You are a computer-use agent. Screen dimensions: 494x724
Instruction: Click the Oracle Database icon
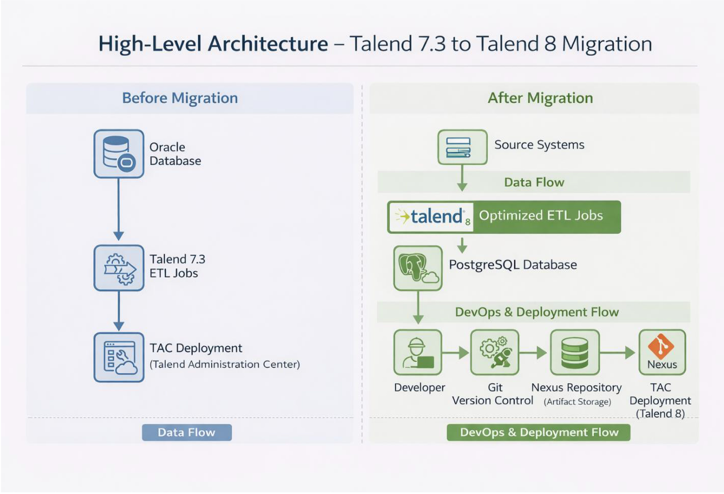pos(119,154)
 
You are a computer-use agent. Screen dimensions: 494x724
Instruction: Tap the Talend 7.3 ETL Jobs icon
pos(119,268)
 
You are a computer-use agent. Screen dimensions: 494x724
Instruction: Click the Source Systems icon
pos(462,147)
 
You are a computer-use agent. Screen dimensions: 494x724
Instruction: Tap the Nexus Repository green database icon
pos(575,352)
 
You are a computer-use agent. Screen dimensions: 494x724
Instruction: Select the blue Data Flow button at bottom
pos(187,432)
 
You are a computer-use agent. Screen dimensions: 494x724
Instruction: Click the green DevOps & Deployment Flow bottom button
pos(538,432)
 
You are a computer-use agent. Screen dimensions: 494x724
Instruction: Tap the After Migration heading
pos(540,98)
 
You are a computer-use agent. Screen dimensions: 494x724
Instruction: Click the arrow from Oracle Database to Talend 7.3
pos(118,209)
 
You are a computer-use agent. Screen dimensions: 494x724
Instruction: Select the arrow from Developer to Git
pos(455,353)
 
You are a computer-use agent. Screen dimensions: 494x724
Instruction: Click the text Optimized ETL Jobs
pos(541,216)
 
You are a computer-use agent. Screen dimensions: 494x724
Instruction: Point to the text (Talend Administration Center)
pos(225,364)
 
